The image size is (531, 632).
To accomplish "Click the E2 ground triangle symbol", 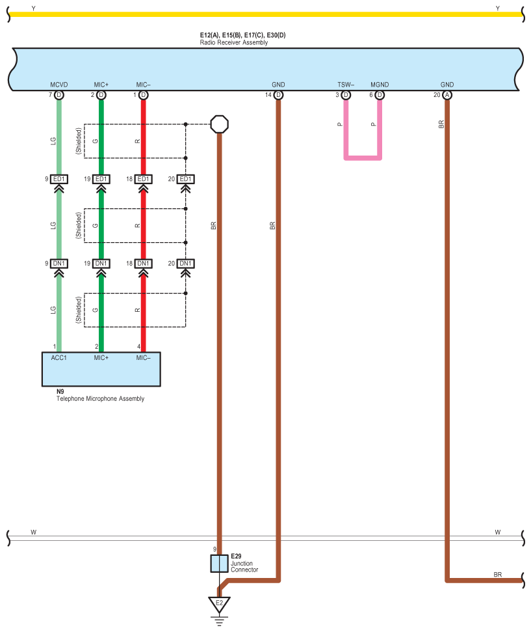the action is pyautogui.click(x=219, y=604).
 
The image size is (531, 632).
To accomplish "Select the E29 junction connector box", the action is pyautogui.click(x=220, y=564).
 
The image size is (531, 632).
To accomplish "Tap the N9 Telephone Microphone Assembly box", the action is pyautogui.click(x=101, y=369).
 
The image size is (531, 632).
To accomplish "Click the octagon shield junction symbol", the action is pyautogui.click(x=220, y=124).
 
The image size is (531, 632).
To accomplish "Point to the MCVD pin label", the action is pyautogui.click(x=58, y=85).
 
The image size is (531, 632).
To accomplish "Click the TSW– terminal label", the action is pyautogui.click(x=346, y=85).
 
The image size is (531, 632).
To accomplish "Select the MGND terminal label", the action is pyautogui.click(x=380, y=85).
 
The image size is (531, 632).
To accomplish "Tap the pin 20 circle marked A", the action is pyautogui.click(x=447, y=95).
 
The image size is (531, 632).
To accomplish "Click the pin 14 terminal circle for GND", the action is pyautogui.click(x=278, y=95).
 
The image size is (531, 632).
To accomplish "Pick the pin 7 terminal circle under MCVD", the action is pyautogui.click(x=58, y=95).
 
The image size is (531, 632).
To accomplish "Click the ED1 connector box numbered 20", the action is pyautogui.click(x=186, y=179).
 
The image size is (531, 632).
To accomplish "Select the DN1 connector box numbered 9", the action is pyautogui.click(x=58, y=264).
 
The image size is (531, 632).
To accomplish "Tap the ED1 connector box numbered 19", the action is pyautogui.click(x=101, y=179).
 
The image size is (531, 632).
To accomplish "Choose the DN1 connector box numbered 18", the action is pyautogui.click(x=144, y=264).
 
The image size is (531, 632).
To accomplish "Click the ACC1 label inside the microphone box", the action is pyautogui.click(x=58, y=358).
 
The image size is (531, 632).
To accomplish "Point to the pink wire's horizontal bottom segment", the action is pyautogui.click(x=363, y=158).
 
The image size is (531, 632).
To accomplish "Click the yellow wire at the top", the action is pyautogui.click(x=265, y=14).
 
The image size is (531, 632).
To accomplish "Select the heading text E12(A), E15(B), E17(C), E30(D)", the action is pyautogui.click(x=243, y=35).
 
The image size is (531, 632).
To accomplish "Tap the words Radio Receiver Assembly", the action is pyautogui.click(x=234, y=42).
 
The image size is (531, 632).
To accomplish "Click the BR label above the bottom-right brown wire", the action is pyautogui.click(x=498, y=574).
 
